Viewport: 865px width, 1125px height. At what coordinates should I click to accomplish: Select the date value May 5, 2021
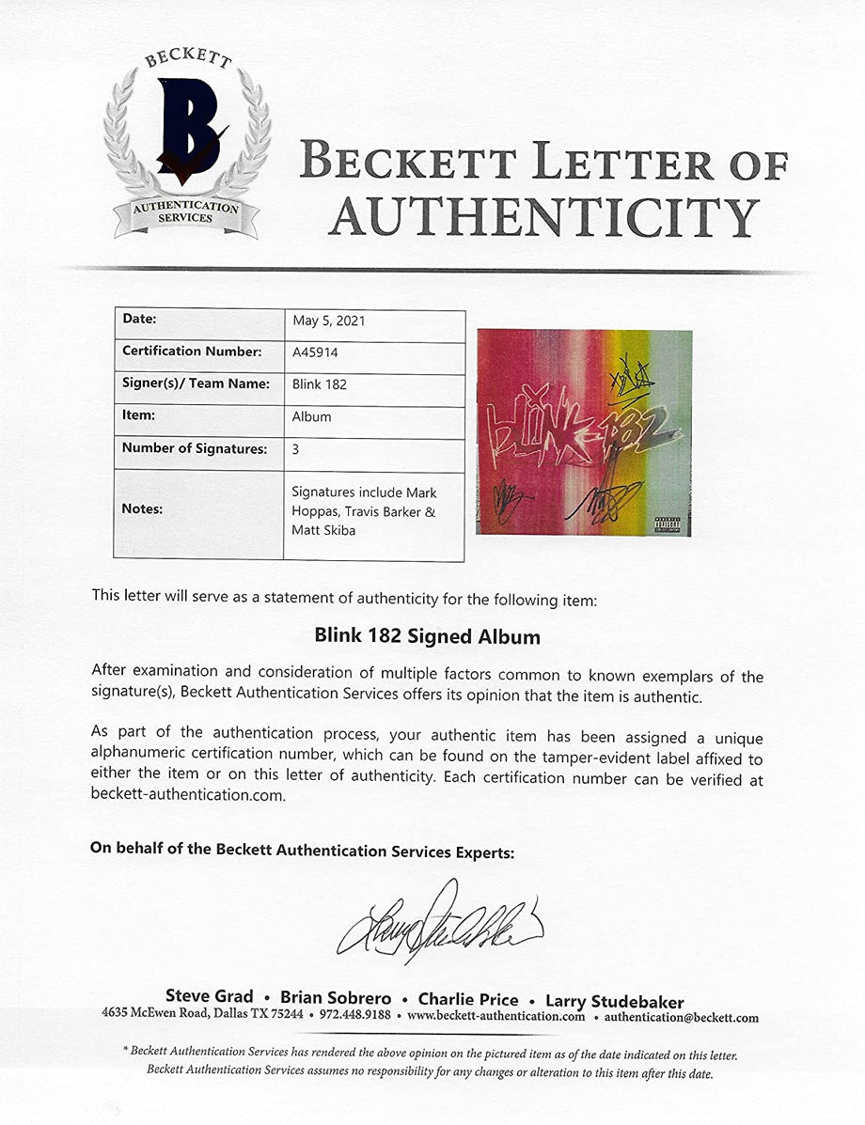pos(329,320)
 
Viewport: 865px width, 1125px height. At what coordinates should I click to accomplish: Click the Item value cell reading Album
pos(311,416)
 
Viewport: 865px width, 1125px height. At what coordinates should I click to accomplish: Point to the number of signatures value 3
pos(296,449)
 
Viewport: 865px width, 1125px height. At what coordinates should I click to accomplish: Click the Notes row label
pos(142,508)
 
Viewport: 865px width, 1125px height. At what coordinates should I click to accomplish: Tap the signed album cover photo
pos(584,431)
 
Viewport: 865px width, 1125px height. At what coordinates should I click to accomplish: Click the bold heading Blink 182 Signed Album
pos(427,636)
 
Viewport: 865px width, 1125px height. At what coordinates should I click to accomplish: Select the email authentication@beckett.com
pos(681,1017)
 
